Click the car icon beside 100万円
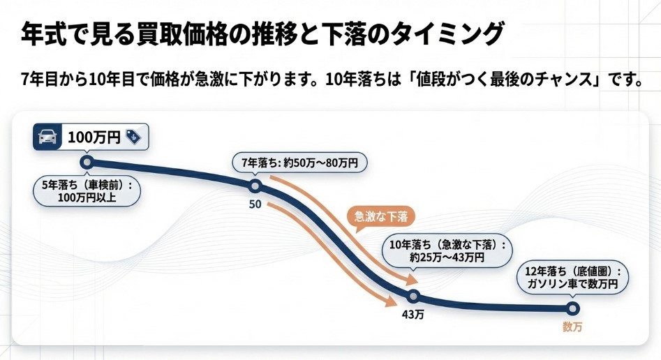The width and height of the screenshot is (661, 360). coord(47,137)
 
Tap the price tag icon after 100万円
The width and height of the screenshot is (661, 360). coord(133,137)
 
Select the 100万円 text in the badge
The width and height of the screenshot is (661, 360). coord(95,137)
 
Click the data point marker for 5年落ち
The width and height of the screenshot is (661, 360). coord(87,163)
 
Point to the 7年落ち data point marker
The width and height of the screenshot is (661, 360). coord(255,186)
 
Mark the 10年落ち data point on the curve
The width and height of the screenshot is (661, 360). coord(413,296)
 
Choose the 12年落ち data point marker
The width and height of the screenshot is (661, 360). coord(572,308)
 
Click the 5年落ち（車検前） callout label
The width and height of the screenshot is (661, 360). coord(87,190)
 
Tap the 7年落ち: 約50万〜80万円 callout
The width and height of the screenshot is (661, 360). coord(299,164)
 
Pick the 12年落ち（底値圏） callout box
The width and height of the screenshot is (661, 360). coord(572,278)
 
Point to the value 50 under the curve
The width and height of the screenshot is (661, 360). coord(255,206)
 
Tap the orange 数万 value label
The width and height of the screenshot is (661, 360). coord(572,327)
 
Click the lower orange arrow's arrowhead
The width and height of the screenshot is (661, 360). coord(396,302)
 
